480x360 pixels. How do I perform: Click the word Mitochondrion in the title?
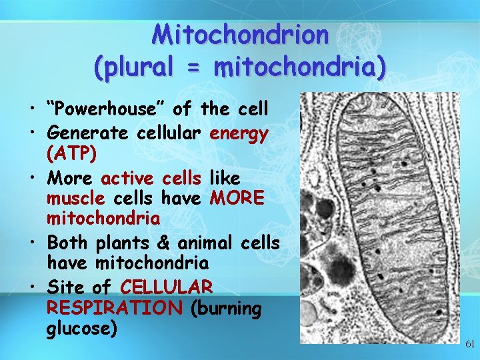point(240,34)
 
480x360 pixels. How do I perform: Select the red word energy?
point(239,133)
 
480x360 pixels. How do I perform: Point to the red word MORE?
point(237,199)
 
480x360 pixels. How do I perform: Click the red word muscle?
point(76,199)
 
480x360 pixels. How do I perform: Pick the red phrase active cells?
point(151,179)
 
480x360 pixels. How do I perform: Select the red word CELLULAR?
point(167,288)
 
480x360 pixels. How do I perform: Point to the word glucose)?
point(82,329)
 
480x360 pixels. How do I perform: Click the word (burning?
point(226,308)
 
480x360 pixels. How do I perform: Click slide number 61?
point(469,345)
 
